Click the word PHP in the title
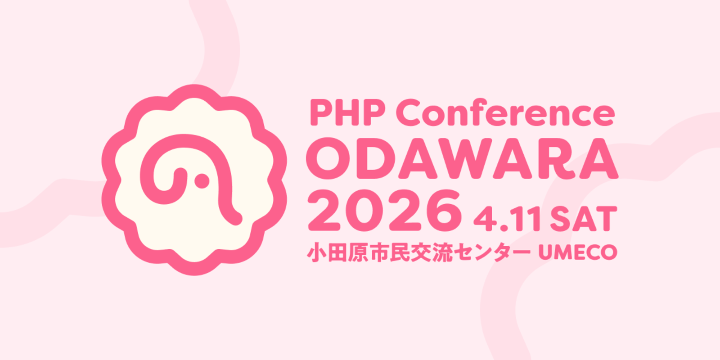pyautogui.click(x=347, y=112)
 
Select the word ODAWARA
pyautogui.click(x=462, y=158)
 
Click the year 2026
pyautogui.click(x=385, y=210)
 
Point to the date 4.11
pyautogui.click(x=507, y=219)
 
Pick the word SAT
pyautogui.click(x=583, y=219)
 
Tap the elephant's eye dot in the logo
pyautogui.click(x=202, y=181)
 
